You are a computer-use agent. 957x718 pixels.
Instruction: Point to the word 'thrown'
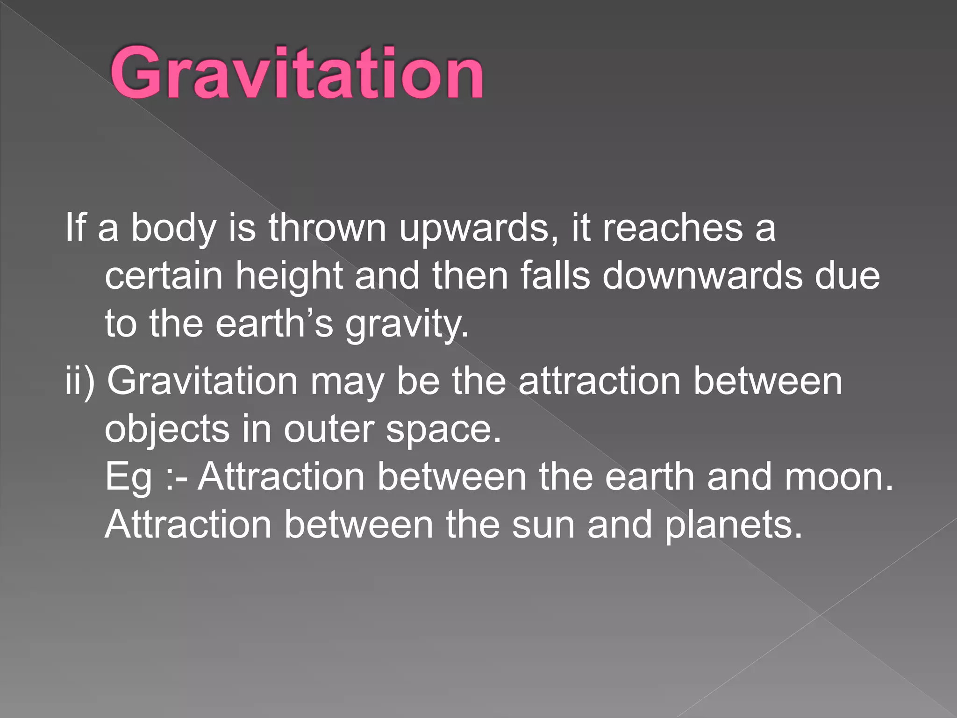pos(327,228)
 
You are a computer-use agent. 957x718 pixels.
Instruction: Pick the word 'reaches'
pos(672,228)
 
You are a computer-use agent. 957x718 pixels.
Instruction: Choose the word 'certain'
pos(164,276)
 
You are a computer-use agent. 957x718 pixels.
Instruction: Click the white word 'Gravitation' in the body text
pos(202,381)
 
